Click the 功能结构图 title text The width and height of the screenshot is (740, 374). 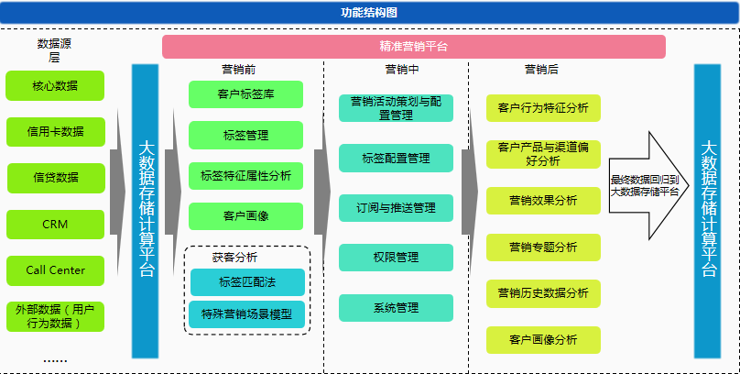[369, 13]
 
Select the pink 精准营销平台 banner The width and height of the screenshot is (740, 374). [414, 46]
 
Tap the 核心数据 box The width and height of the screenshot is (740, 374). [55, 86]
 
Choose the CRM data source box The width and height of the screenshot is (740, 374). [55, 225]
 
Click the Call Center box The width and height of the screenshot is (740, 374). [55, 270]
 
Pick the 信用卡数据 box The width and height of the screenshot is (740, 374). [56, 132]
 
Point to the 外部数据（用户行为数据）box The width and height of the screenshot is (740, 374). [55, 316]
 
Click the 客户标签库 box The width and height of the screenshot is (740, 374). [245, 94]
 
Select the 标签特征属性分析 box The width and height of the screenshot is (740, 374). [245, 176]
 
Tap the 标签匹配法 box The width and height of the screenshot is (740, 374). [247, 282]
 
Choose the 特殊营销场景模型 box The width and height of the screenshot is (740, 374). [247, 314]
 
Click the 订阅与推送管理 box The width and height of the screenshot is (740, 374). [396, 208]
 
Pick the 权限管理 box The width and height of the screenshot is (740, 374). [396, 258]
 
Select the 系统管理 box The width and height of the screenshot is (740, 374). [396, 308]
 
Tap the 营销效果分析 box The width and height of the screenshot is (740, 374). [543, 201]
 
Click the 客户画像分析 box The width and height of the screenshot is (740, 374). [543, 340]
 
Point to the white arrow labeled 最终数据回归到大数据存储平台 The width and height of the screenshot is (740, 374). [649, 185]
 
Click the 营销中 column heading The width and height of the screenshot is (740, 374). [402, 70]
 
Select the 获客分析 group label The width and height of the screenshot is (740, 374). [235, 258]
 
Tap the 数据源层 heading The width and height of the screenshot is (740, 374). [54, 50]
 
